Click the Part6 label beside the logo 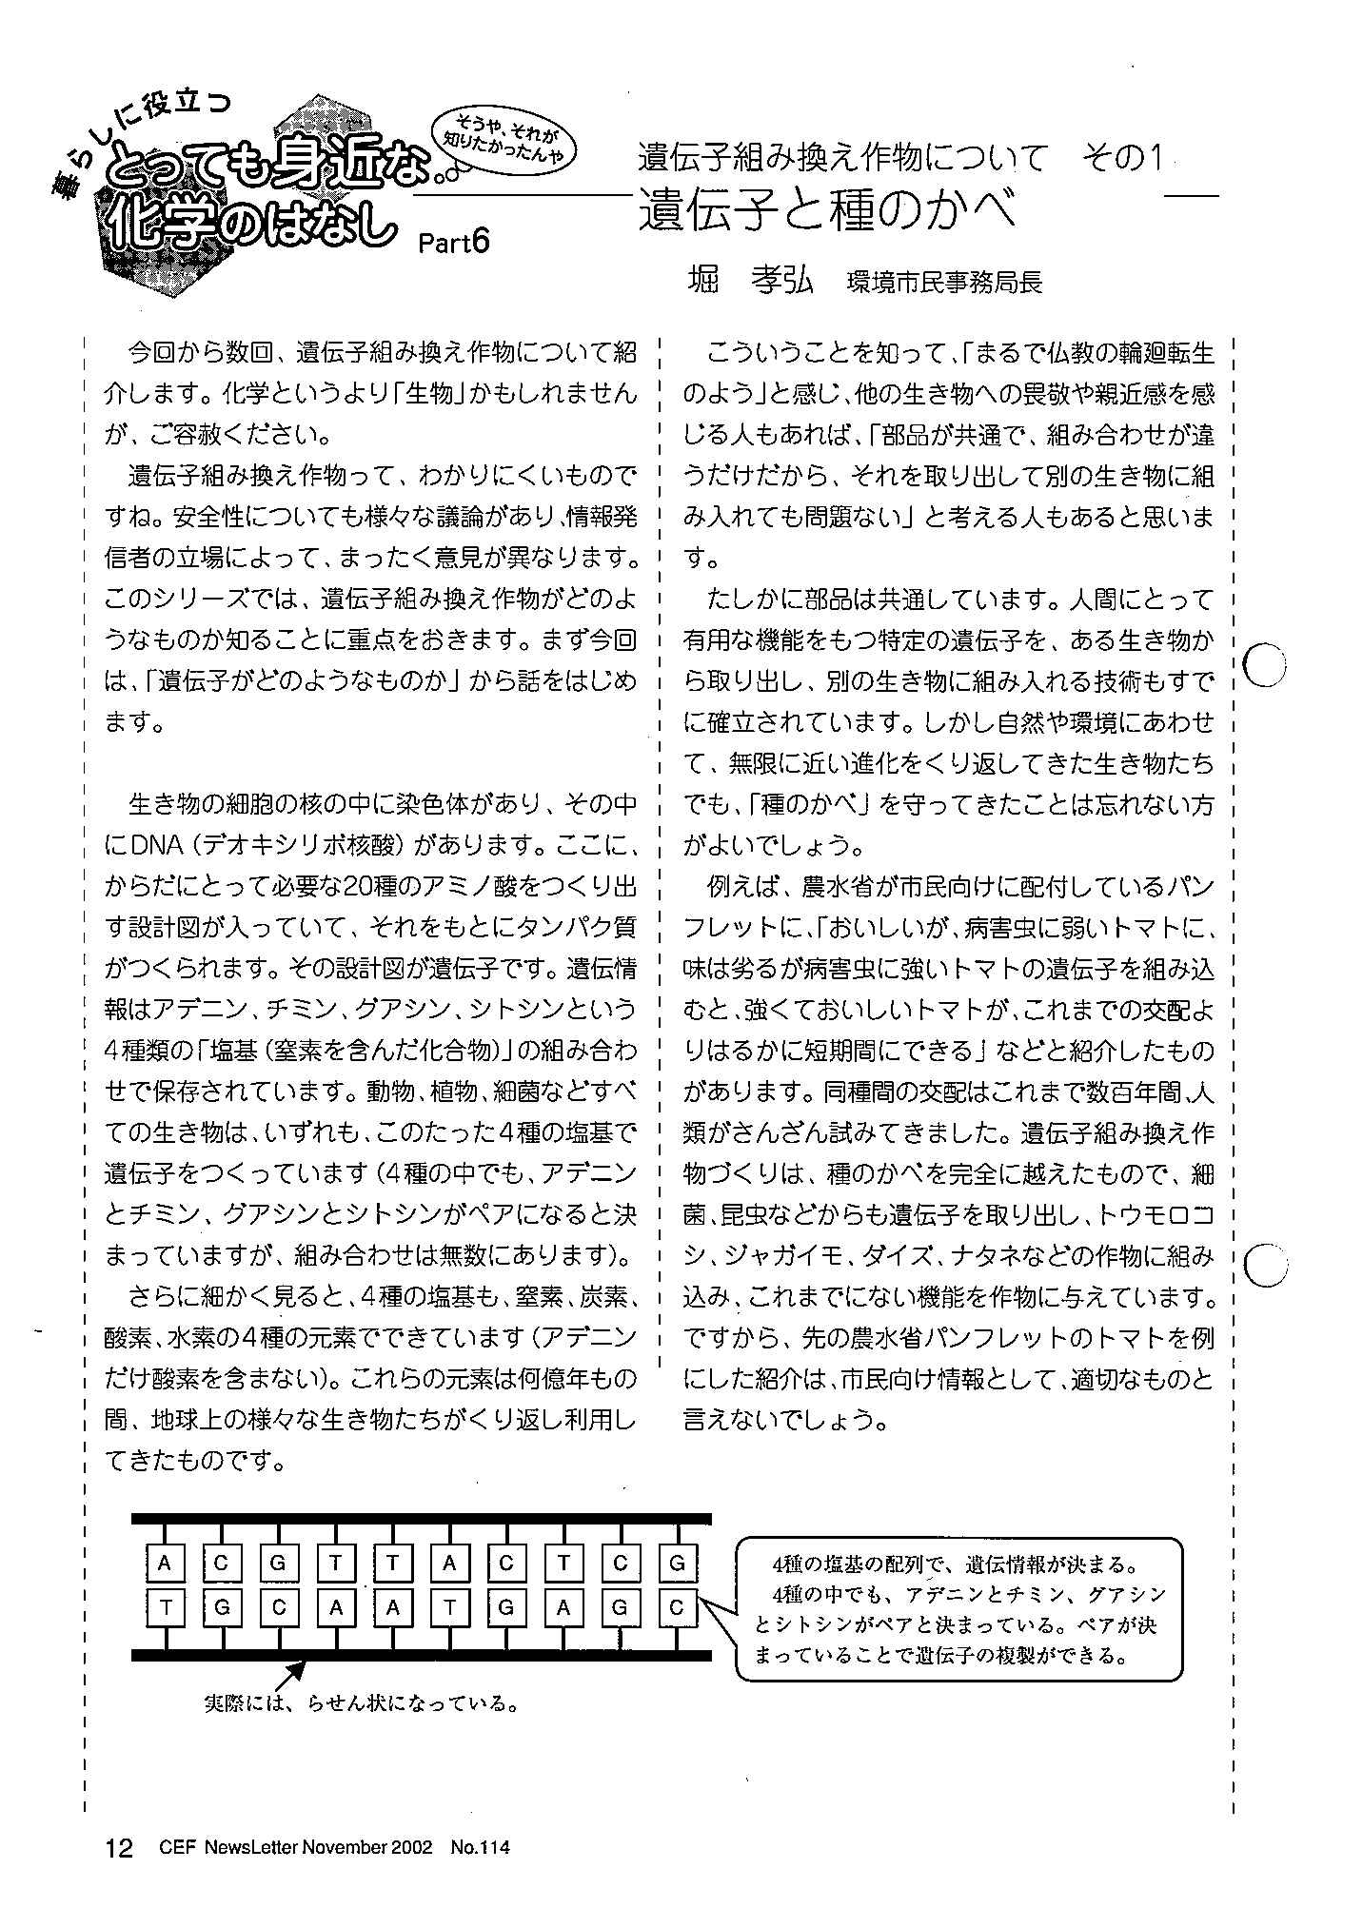(x=453, y=244)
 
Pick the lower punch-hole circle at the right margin (x=1265, y=1266)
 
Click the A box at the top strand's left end (x=165, y=1563)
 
